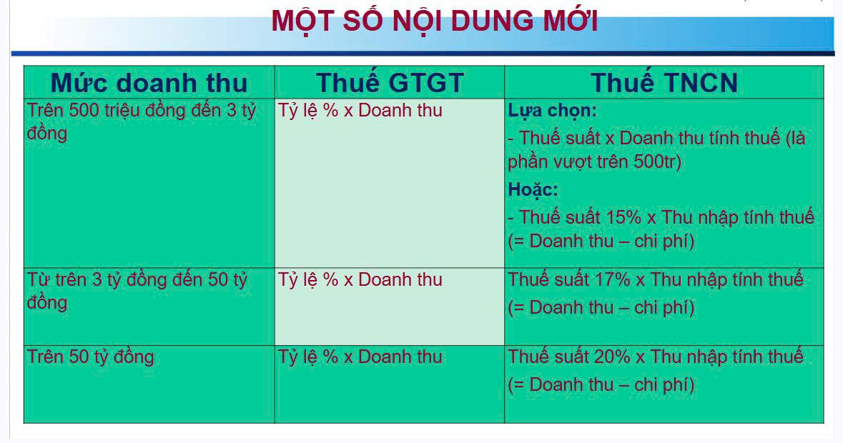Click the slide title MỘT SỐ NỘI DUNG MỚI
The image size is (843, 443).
coord(434,21)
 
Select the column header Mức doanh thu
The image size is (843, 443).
coord(149,83)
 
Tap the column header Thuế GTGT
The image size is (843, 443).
coord(390,83)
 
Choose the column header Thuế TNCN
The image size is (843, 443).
coord(664,83)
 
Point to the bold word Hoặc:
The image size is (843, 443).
coord(533,190)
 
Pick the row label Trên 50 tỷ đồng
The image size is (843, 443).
coord(90,357)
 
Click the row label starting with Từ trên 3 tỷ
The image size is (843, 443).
coord(137,279)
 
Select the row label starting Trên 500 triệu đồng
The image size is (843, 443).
coord(141,111)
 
